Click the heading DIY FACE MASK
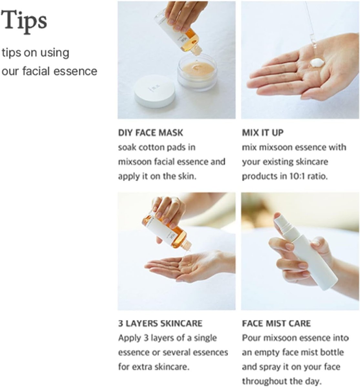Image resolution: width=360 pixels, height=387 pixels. (150, 133)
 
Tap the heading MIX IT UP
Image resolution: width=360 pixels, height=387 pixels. (263, 133)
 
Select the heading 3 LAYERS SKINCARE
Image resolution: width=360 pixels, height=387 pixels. (160, 323)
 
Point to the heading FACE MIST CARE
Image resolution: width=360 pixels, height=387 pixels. (276, 323)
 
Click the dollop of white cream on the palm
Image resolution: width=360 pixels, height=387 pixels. (318, 62)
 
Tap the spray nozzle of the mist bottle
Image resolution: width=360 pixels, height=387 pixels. (282, 223)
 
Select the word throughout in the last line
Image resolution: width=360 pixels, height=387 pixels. (266, 381)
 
